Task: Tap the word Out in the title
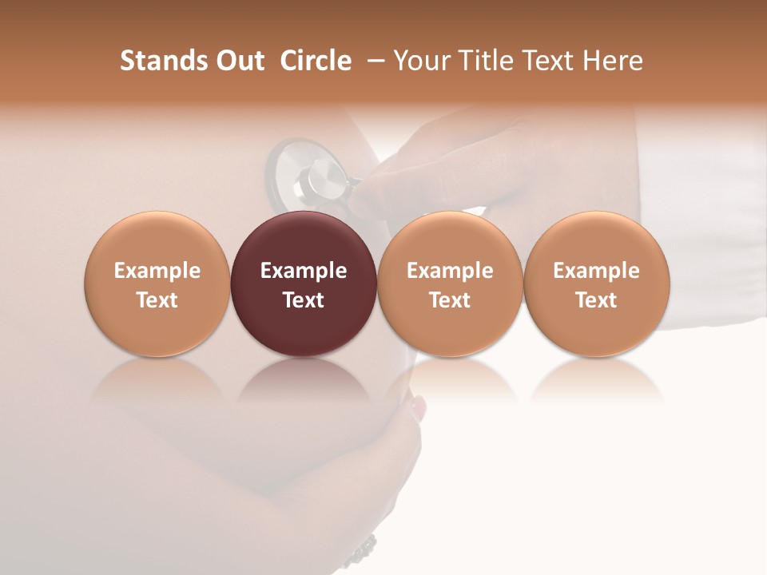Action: pos(237,61)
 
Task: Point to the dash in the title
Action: pos(372,61)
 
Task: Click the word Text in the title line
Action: pos(547,61)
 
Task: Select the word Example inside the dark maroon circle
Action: pos(304,271)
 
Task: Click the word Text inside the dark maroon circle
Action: pos(304,300)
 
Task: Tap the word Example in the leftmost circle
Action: pos(157,271)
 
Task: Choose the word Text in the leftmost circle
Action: pos(157,300)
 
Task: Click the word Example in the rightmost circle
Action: pos(597,271)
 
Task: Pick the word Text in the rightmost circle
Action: pos(597,300)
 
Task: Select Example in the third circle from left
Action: pos(450,271)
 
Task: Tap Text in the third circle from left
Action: pos(450,300)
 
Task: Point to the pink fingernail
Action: pos(418,408)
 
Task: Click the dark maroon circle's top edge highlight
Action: pos(304,216)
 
